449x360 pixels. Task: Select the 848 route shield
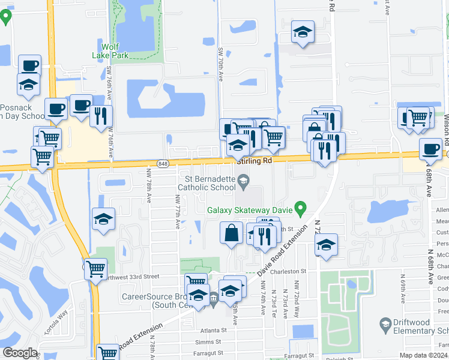[163, 163]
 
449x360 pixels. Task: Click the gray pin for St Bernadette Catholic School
[244, 180]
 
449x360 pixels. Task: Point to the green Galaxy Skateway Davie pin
[301, 210]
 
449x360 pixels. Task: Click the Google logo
[20, 353]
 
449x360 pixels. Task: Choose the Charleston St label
[288, 271]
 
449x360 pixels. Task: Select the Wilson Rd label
[446, 130]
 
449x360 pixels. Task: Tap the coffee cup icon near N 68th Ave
[430, 149]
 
